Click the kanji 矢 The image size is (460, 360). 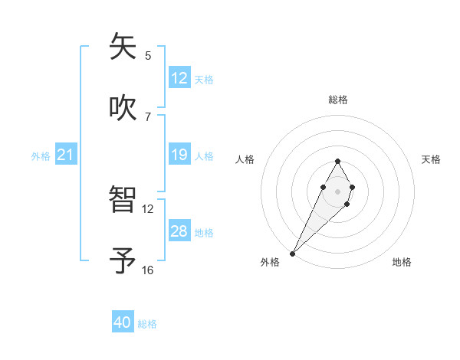click(x=123, y=47)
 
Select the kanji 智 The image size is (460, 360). click(x=123, y=201)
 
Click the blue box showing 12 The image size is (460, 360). click(x=179, y=78)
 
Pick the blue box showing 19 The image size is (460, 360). click(x=179, y=155)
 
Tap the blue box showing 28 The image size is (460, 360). click(x=179, y=231)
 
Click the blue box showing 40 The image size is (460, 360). click(x=123, y=322)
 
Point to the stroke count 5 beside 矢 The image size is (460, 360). click(x=148, y=55)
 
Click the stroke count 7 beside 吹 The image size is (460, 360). click(x=148, y=116)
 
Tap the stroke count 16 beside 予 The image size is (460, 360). click(x=148, y=270)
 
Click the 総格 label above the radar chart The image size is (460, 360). click(x=337, y=100)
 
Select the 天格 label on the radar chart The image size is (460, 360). click(x=431, y=159)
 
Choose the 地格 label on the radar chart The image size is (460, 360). click(x=402, y=262)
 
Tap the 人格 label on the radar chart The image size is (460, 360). click(x=245, y=159)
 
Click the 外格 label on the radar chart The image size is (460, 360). click(x=270, y=262)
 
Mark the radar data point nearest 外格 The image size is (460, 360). click(x=292, y=253)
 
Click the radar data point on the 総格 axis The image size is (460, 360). click(x=337, y=161)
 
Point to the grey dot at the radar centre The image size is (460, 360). click(x=337, y=191)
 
